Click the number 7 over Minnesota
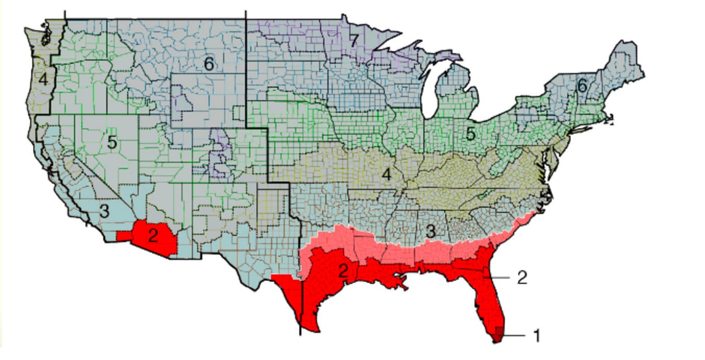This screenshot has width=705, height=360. point(354,41)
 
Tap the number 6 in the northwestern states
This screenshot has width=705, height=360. point(209,64)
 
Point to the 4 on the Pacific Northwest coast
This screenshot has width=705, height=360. point(43,80)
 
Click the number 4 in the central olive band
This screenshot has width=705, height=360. point(386,174)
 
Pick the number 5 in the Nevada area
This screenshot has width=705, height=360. point(112,142)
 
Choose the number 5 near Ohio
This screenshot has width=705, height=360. point(471,134)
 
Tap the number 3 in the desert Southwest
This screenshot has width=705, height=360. point(104,212)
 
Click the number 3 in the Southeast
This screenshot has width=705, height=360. point(430,231)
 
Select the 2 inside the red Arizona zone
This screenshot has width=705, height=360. point(152,236)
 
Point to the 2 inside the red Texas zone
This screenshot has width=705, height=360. point(343,271)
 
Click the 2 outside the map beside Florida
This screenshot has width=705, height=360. point(522,278)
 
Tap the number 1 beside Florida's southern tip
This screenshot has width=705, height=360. point(537,335)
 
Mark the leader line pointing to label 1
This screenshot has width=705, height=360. point(515,335)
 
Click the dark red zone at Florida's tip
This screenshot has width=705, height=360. point(499,332)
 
